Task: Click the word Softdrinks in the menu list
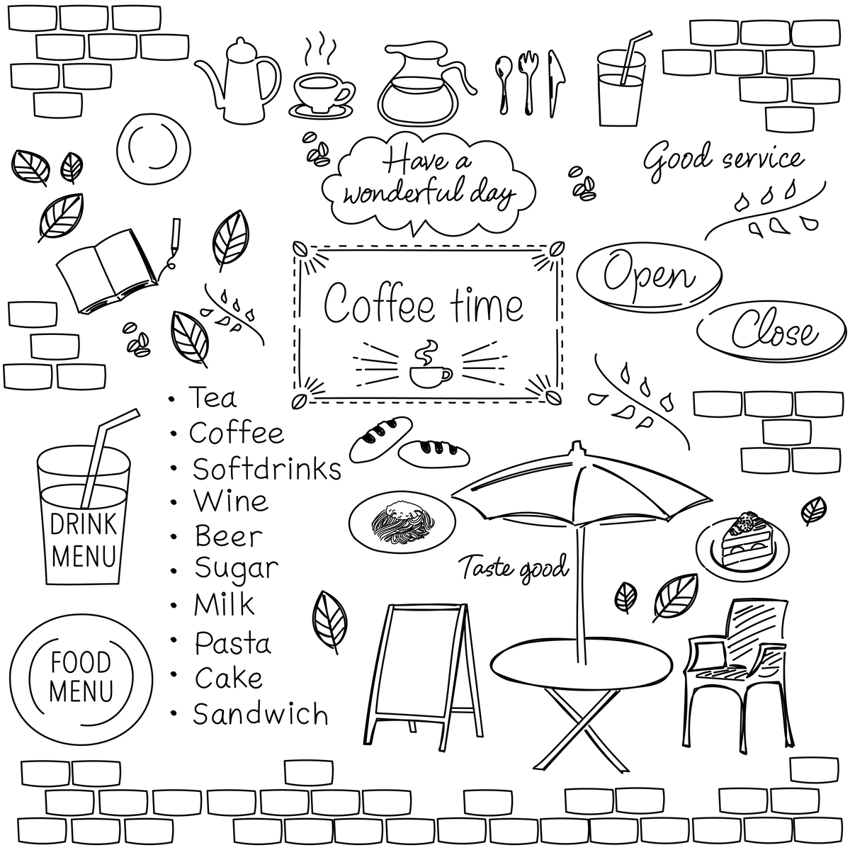click(267, 468)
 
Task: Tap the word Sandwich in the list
click(261, 714)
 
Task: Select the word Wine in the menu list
click(231, 501)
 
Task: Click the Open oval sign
click(650, 276)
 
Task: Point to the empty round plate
click(154, 147)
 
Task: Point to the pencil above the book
click(176, 237)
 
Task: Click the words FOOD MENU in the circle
click(81, 676)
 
